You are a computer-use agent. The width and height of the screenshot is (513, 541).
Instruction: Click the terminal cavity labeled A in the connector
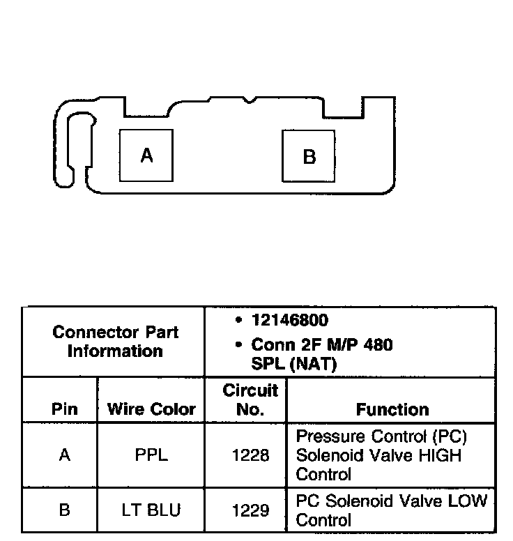coord(146,155)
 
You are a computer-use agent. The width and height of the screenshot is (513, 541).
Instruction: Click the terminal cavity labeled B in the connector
coord(309,155)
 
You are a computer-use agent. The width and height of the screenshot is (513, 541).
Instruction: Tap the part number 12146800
coord(289,321)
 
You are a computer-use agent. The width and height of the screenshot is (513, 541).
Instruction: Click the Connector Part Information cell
coord(115,342)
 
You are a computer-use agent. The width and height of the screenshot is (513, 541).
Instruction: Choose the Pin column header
coord(65,409)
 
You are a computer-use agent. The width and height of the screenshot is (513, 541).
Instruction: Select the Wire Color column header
coord(151,409)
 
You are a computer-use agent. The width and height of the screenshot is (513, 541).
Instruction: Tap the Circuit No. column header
coord(250,399)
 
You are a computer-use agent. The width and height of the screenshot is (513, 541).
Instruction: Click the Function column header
coord(392,409)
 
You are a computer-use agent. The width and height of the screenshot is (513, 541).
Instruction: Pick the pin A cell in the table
coord(65,455)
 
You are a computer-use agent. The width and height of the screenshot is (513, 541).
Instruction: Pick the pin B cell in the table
coord(65,510)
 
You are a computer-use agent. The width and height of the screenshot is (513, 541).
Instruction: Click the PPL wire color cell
coord(151,455)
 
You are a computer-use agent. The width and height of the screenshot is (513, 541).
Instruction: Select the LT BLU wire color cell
coord(151,510)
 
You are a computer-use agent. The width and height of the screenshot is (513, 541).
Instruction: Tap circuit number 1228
coord(250,455)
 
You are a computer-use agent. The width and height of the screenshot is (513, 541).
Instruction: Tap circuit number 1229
coord(250,510)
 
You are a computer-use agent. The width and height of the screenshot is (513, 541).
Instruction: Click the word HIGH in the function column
coord(439,455)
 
